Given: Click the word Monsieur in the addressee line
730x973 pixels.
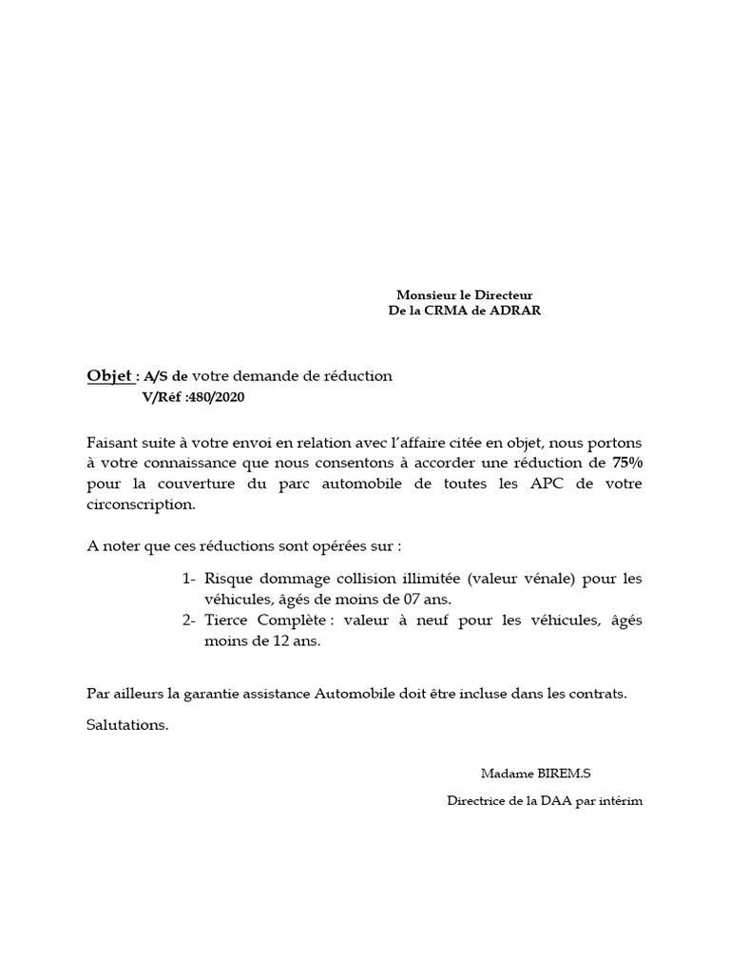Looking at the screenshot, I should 423,296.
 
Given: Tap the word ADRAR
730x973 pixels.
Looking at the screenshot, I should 515,311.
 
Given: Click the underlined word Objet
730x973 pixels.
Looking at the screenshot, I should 109,376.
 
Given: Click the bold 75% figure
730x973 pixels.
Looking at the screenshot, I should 627,463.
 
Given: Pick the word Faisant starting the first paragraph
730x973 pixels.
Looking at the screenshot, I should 111,443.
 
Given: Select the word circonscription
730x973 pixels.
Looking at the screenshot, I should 140,505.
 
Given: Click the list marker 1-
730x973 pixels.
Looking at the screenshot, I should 188,579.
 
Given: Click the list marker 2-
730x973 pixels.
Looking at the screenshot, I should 188,620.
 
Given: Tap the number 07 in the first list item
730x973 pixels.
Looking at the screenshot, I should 404,600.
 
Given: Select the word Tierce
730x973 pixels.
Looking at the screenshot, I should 227,620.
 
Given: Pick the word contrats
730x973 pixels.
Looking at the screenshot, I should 598,694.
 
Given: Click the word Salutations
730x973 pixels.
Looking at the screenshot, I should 127,725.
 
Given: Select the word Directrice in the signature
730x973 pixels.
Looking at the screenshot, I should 477,801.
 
